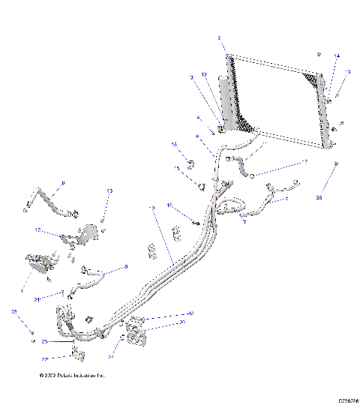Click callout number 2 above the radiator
[219, 37]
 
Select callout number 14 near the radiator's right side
[337, 57]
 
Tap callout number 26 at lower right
[319, 197]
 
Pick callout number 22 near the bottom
[65, 358]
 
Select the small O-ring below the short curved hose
[253, 175]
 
